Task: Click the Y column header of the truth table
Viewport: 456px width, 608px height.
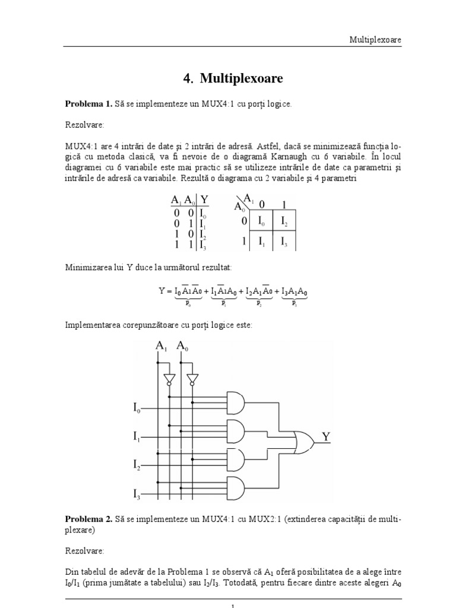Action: point(205,200)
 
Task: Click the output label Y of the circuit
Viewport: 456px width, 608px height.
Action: point(326,437)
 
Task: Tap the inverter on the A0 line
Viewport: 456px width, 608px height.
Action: point(191,378)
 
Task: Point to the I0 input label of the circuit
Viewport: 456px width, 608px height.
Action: point(137,408)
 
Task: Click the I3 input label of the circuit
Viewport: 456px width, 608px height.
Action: point(137,493)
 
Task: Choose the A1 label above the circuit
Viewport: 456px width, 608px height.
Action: point(161,346)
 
